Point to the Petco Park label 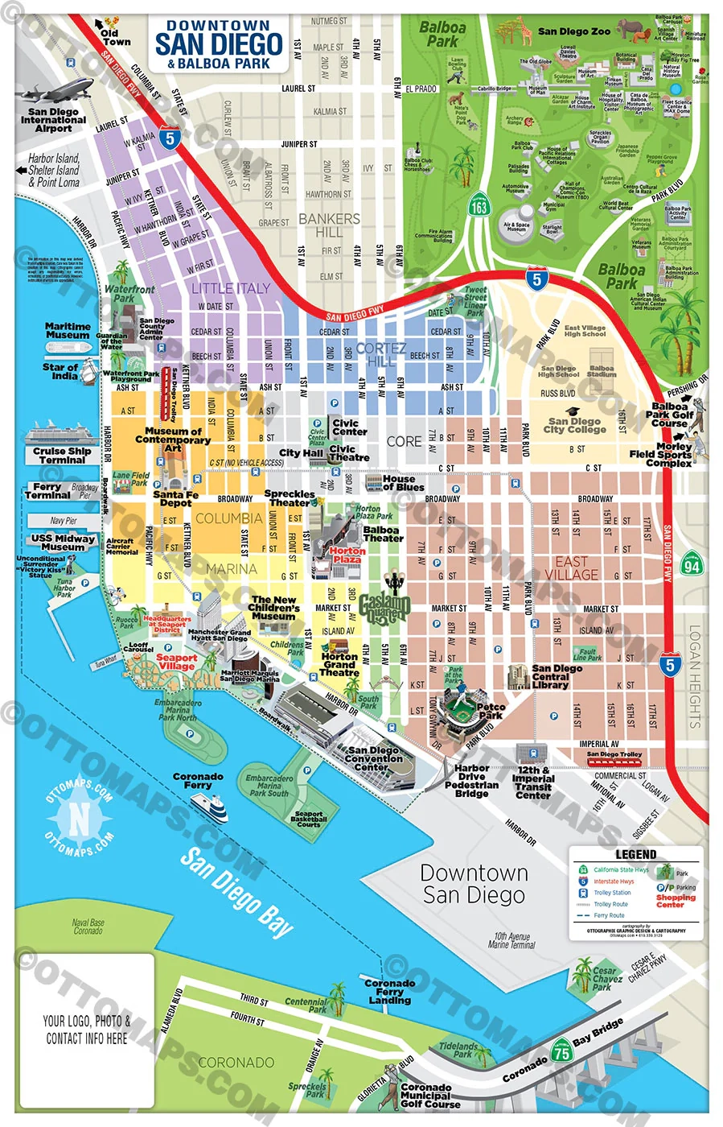pyautogui.click(x=490, y=711)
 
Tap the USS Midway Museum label pyautogui.click(x=63, y=543)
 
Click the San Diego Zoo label pyautogui.click(x=573, y=31)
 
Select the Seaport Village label pyautogui.click(x=176, y=662)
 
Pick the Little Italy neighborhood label pyautogui.click(x=231, y=287)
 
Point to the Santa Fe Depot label pyautogui.click(x=175, y=498)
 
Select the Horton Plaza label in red pyautogui.click(x=347, y=555)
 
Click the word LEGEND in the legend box pyautogui.click(x=635, y=854)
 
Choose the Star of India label pyautogui.click(x=60, y=371)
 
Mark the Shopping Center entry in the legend pyautogui.click(x=676, y=900)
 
